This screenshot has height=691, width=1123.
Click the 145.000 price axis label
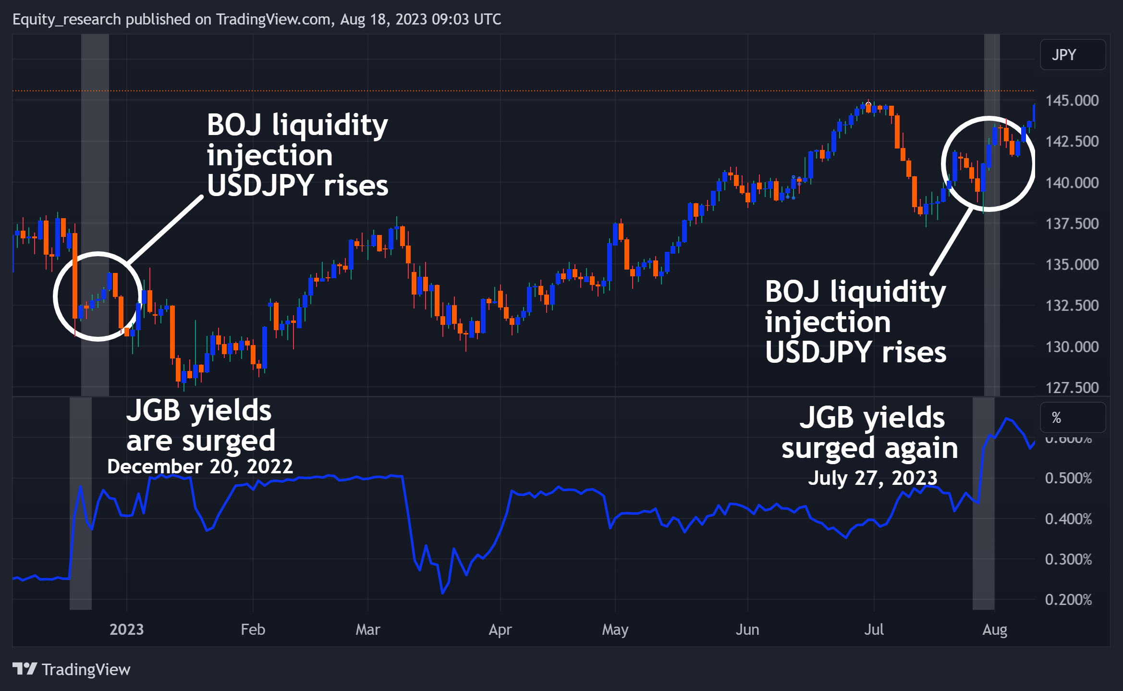click(x=1072, y=100)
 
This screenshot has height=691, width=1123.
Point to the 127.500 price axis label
click(x=1072, y=387)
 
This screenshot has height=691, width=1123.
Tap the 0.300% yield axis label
click(x=1068, y=559)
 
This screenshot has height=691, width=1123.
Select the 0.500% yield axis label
click(x=1068, y=478)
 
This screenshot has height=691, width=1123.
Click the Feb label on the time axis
click(x=253, y=629)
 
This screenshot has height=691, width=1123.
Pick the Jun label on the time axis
click(x=747, y=629)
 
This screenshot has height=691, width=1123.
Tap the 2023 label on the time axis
click(x=126, y=629)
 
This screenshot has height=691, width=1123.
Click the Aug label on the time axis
click(x=994, y=629)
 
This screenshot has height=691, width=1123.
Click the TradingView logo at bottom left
click(x=71, y=669)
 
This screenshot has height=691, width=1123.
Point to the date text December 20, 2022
click(x=200, y=466)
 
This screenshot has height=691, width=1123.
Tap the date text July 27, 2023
click(x=872, y=478)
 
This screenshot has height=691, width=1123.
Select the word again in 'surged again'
click(x=921, y=448)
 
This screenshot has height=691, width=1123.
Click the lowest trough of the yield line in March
click(x=442, y=593)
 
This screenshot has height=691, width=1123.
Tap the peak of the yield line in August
click(x=1006, y=419)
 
